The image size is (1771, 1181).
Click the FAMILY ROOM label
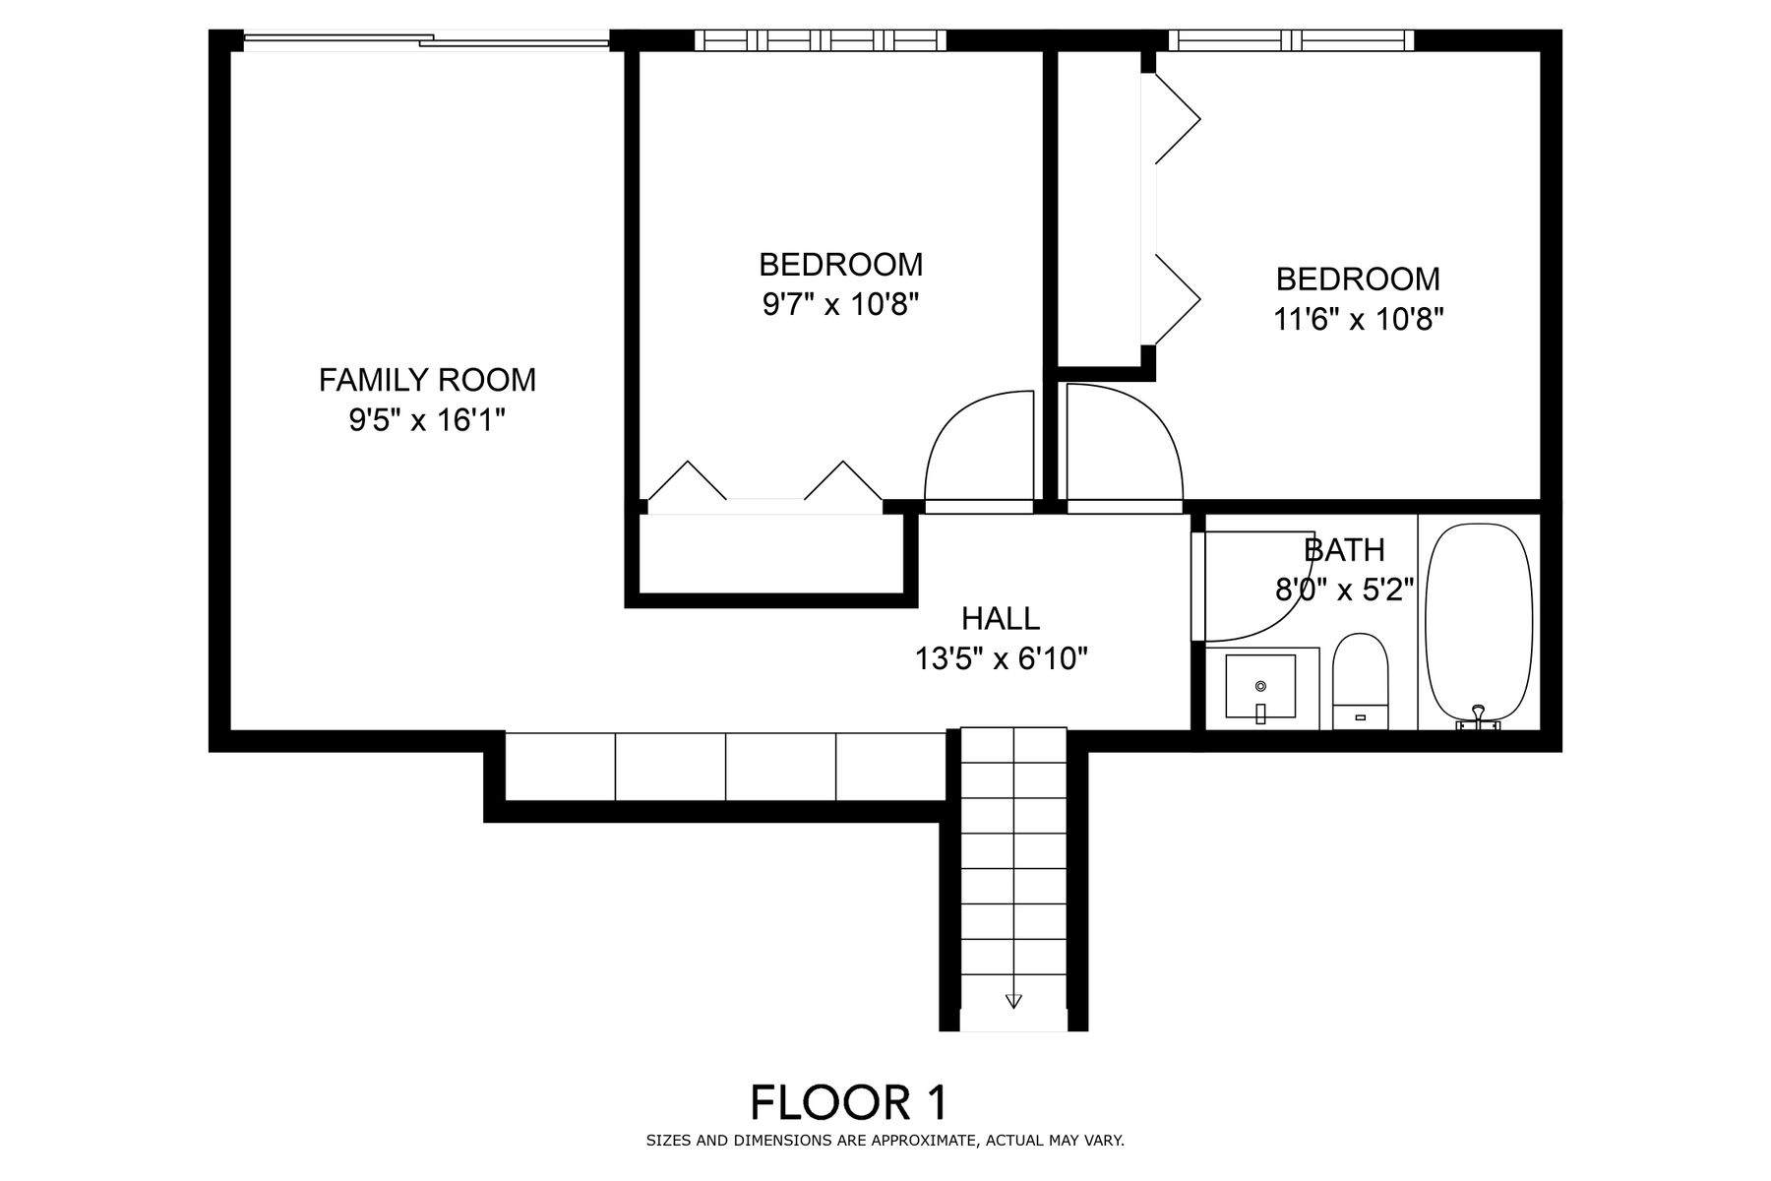click(427, 379)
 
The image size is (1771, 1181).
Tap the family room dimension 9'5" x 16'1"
click(427, 420)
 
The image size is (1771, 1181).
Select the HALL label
click(1001, 618)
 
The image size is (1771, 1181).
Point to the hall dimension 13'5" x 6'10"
click(1002, 658)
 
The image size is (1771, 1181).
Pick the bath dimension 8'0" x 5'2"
click(1344, 590)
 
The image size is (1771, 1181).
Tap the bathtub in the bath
click(1479, 626)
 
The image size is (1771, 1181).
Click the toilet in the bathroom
click(1360, 681)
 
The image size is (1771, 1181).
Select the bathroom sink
click(1260, 687)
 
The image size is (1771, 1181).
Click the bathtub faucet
click(1478, 718)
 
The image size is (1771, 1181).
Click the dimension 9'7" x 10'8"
click(840, 305)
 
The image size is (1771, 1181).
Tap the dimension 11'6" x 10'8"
click(1359, 320)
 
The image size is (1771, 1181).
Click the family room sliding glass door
click(426, 40)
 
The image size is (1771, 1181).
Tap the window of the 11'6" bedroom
click(1291, 40)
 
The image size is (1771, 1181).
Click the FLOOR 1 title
click(849, 1103)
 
